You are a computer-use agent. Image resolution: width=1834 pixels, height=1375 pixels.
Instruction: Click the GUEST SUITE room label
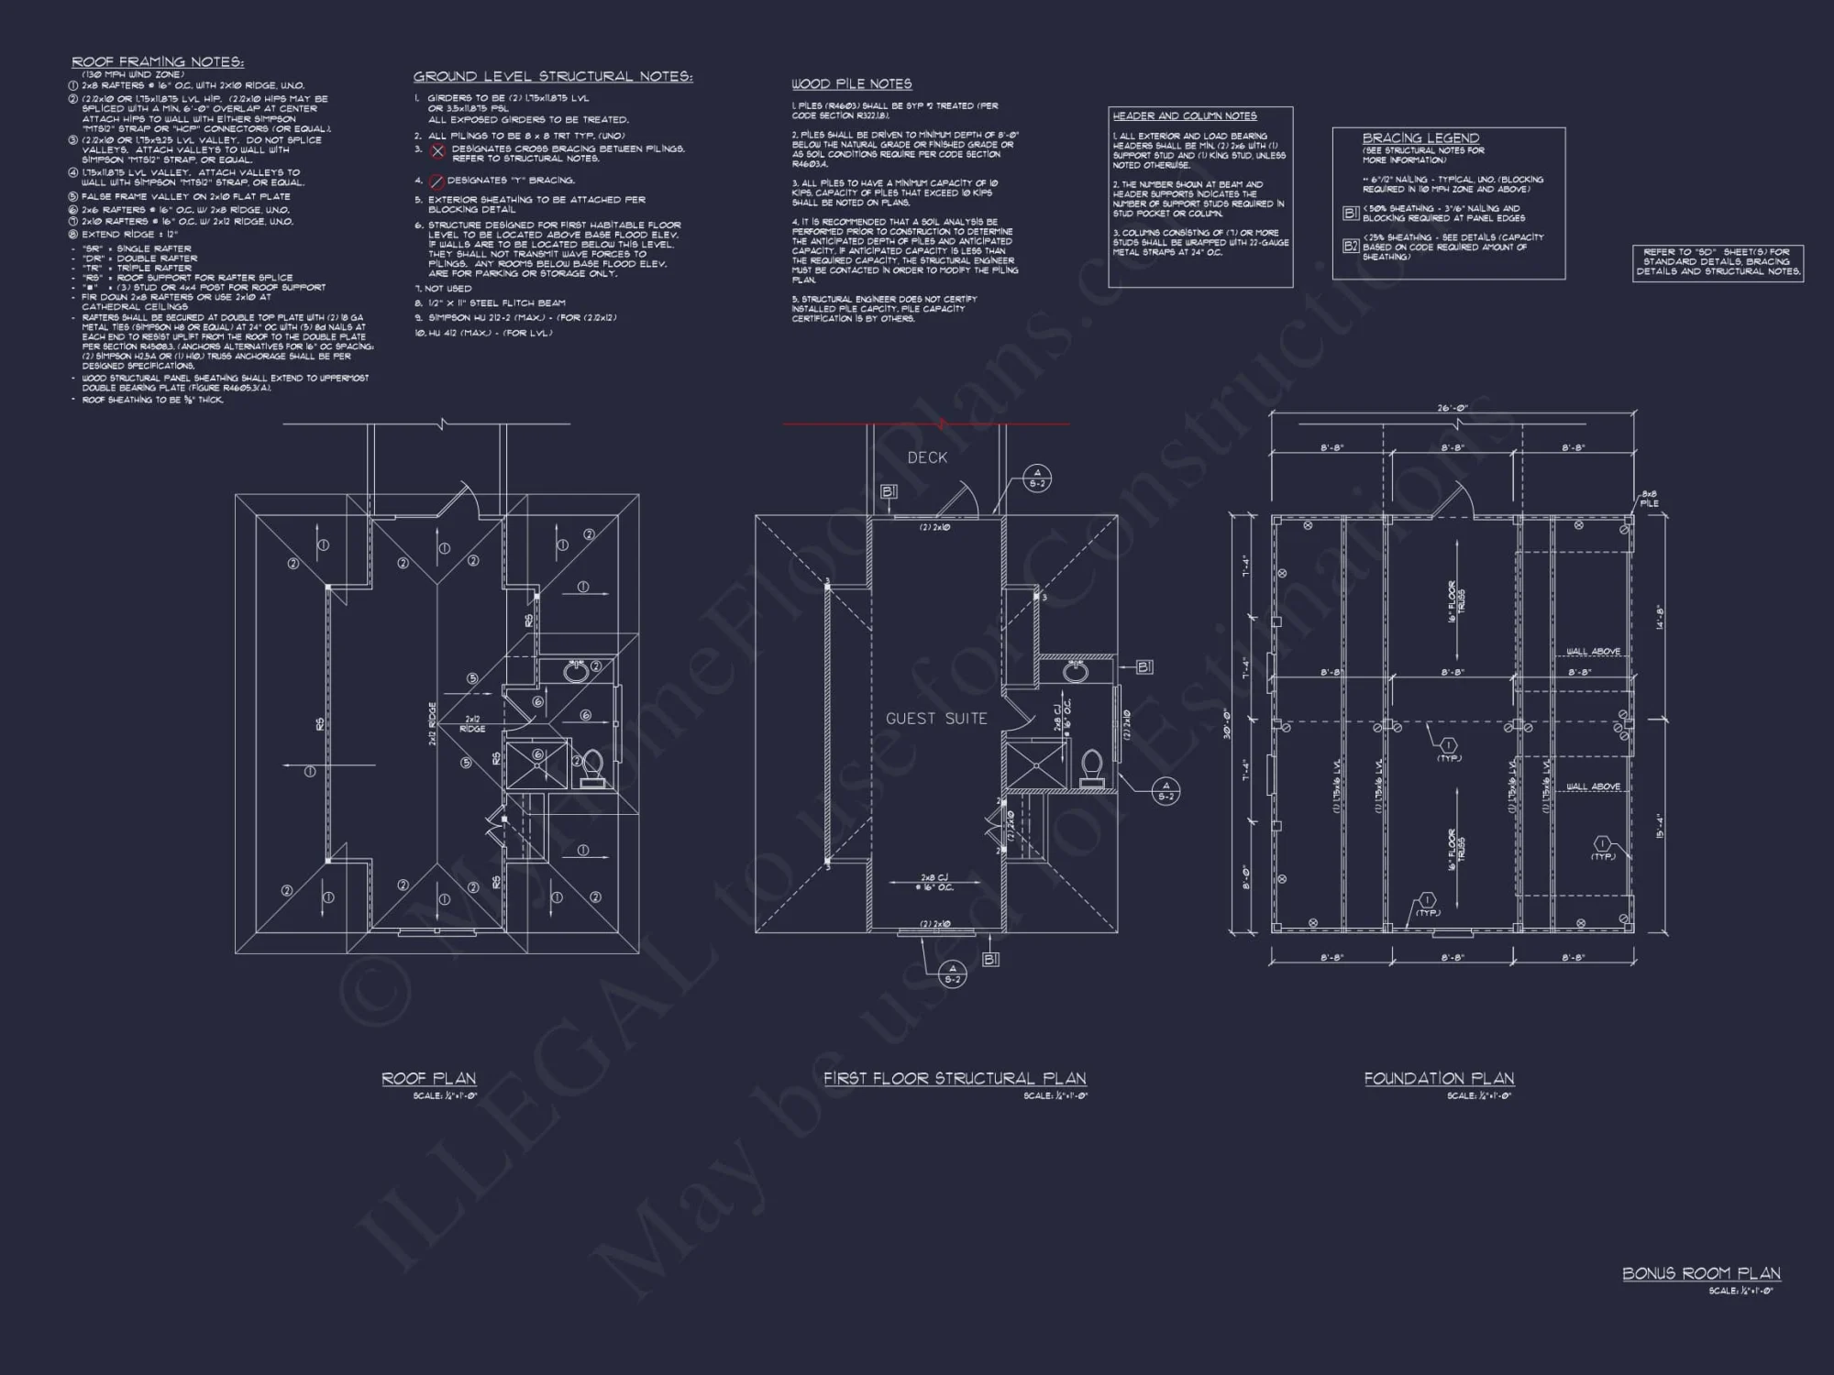click(936, 719)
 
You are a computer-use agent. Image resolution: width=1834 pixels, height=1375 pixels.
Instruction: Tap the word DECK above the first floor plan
click(927, 457)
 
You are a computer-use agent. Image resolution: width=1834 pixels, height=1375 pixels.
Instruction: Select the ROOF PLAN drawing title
click(428, 1079)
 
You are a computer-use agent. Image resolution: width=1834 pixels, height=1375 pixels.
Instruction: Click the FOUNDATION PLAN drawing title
click(1439, 1079)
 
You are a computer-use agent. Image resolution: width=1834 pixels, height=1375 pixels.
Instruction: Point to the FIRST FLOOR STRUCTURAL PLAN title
click(955, 1079)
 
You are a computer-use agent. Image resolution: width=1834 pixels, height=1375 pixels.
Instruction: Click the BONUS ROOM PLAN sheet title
click(1701, 1273)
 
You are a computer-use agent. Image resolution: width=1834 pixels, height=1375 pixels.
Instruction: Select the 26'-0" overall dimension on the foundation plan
click(1453, 409)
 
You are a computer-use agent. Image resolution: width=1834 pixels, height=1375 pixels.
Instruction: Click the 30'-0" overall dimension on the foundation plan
click(1228, 724)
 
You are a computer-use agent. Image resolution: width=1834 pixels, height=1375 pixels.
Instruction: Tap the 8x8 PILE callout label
click(1649, 498)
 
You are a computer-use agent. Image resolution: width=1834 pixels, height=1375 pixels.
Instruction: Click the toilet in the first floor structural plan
click(1091, 768)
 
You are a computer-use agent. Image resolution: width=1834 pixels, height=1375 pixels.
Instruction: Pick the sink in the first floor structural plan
click(1077, 672)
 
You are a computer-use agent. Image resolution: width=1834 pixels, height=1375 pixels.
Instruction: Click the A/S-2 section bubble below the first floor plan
click(953, 973)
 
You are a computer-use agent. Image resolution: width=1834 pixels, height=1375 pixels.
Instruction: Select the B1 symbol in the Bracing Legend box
click(1350, 214)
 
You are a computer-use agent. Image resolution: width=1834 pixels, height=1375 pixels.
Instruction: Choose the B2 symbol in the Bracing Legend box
click(1350, 246)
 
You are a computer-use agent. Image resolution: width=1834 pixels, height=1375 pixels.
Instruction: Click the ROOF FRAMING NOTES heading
click(158, 62)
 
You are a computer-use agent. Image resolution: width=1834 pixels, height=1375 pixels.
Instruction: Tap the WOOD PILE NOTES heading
click(851, 84)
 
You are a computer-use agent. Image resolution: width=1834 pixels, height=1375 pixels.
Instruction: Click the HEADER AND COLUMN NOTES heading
click(1184, 116)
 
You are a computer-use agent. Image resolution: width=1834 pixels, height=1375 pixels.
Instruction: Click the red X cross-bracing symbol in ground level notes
click(438, 151)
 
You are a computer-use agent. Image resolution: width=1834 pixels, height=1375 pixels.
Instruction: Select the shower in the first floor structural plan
click(1035, 766)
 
